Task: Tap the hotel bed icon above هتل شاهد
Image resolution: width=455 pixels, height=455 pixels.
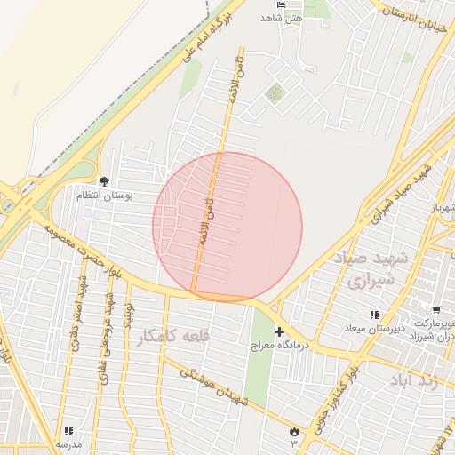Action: [282, 4]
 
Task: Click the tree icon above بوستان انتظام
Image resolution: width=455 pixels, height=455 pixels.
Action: [104, 181]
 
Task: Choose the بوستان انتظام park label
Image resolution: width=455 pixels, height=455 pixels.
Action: [104, 195]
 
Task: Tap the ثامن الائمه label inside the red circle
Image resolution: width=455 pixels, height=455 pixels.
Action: [208, 218]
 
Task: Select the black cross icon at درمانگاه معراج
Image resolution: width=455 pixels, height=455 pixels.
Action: [279, 331]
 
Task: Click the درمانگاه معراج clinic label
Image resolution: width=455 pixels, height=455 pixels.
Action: [281, 344]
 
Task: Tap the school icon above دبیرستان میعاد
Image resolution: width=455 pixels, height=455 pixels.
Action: [374, 315]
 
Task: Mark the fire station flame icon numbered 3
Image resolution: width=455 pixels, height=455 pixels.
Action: [293, 432]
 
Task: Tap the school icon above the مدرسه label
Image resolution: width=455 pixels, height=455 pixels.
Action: [68, 431]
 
